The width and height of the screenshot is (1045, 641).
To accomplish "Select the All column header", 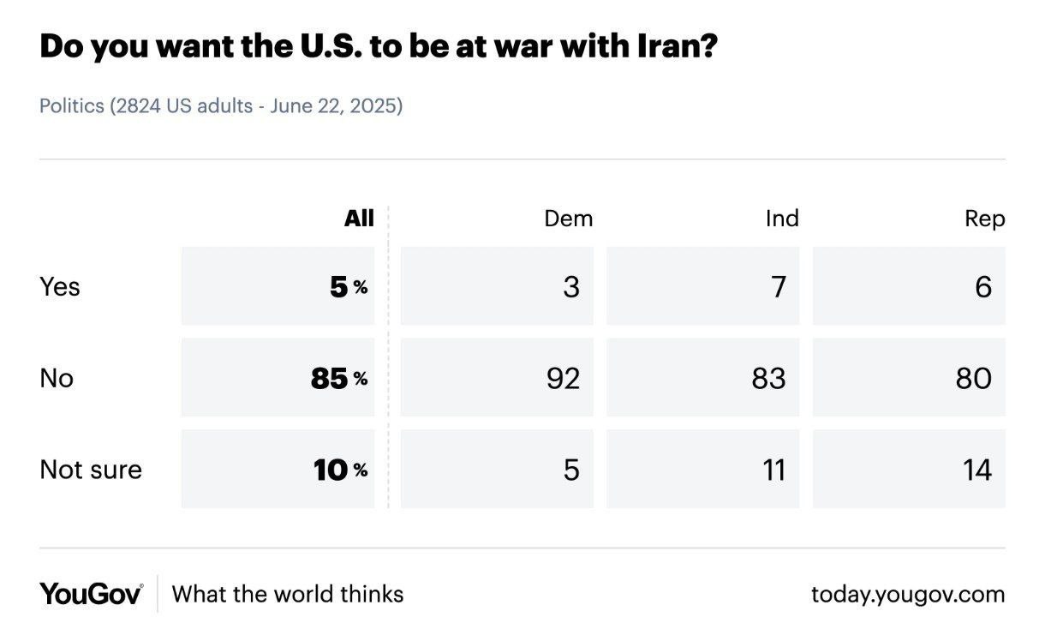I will coord(359,219).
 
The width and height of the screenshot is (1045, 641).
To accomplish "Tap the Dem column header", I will coord(568,219).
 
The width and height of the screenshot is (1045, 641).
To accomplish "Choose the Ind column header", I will coord(781,219).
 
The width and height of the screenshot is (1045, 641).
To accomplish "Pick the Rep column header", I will coord(984,219).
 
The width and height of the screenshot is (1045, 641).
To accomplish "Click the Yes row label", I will coord(59,286).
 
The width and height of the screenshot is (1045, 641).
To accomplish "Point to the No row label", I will coord(57,378).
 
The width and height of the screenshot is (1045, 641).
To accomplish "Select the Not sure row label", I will coord(90,470).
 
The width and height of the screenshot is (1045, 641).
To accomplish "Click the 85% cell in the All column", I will coord(337,378).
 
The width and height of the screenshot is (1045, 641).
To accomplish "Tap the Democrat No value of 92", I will coord(563,378).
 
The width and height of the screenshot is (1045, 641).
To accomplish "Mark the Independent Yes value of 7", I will coord(778,286).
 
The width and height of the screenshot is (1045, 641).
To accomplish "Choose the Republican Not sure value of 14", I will coord(976,470).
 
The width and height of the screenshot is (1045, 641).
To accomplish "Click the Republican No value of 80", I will coord(974,378).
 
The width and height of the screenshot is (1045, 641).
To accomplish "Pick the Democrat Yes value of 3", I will coord(571,286).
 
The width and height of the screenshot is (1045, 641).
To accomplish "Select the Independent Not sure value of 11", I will coord(773,470).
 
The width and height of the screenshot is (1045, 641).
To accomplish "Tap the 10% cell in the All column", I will coord(339,470).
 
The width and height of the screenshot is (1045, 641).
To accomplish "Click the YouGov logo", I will coord(91,594).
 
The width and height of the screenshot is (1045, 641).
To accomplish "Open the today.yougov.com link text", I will coord(908,594).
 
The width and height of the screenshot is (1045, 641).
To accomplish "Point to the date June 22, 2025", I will coord(336,107).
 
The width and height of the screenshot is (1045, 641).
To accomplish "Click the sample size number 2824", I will coord(137,107).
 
